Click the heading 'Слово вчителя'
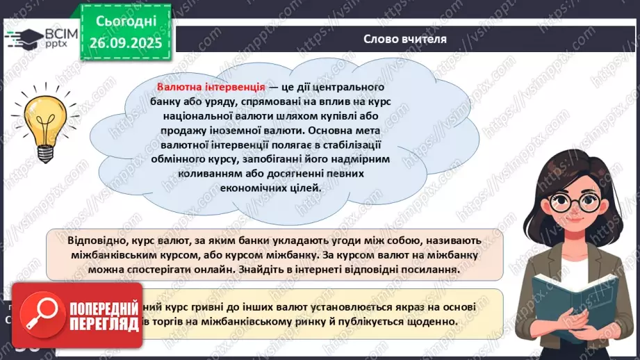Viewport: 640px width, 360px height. [x=405, y=39]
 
